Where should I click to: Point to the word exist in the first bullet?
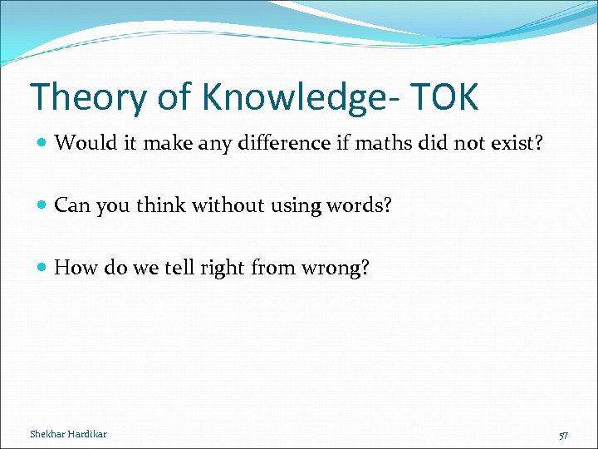(517, 143)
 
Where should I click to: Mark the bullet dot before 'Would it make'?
(42, 144)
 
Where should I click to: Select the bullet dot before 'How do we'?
(42, 269)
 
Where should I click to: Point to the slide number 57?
(564, 435)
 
